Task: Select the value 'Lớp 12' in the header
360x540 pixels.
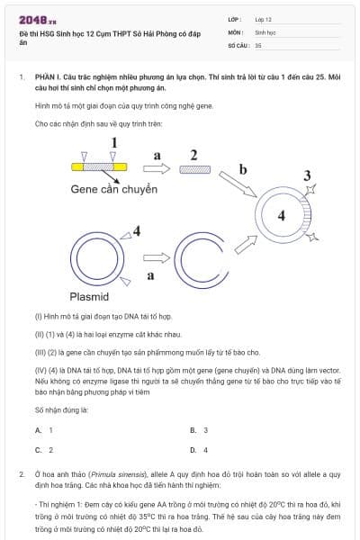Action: point(263,19)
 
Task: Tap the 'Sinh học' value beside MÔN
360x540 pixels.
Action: point(265,31)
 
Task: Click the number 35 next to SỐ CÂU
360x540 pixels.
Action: point(258,44)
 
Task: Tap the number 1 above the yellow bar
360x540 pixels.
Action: point(113,142)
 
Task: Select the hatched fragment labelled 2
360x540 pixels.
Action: point(194,169)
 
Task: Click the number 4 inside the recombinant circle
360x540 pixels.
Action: point(281,216)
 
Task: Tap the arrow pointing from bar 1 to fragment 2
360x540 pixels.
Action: point(156,169)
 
